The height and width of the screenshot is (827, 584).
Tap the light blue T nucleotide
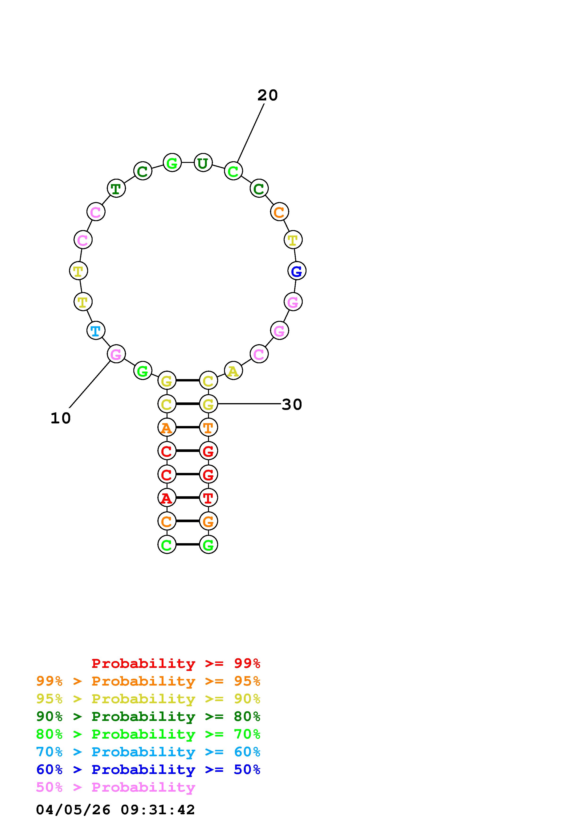96,330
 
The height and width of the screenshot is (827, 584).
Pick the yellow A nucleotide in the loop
233,371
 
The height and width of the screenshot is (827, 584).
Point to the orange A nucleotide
167,427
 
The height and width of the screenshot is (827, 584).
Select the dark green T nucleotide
116,188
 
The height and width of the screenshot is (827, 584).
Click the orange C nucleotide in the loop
279,211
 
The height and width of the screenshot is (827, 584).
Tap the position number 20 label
267,95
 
